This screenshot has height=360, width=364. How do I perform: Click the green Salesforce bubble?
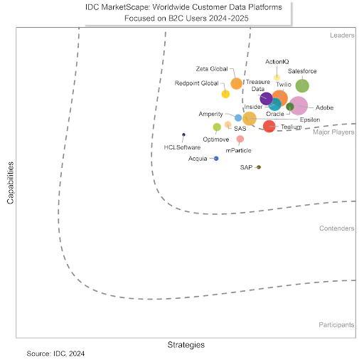[302, 86]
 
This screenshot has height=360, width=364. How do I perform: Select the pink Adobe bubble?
[299, 106]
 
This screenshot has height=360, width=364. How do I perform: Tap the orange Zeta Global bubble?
[237, 83]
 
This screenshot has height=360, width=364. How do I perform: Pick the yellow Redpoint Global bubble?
[225, 94]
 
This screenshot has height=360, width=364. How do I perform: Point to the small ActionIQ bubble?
[277, 78]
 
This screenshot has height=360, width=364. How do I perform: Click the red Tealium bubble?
[269, 127]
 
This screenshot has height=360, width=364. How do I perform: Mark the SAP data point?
[259, 167]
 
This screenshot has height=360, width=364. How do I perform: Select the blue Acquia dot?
[216, 158]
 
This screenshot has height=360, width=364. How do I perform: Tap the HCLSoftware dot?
[183, 134]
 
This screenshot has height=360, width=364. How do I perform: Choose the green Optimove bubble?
[217, 127]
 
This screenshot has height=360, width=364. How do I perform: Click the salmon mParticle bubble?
[240, 139]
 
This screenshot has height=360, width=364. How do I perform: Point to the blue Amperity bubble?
[238, 117]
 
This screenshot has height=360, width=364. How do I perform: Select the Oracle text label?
[274, 114]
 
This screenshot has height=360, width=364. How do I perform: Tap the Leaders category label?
[342, 35]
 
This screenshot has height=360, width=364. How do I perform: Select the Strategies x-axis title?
[186, 344]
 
